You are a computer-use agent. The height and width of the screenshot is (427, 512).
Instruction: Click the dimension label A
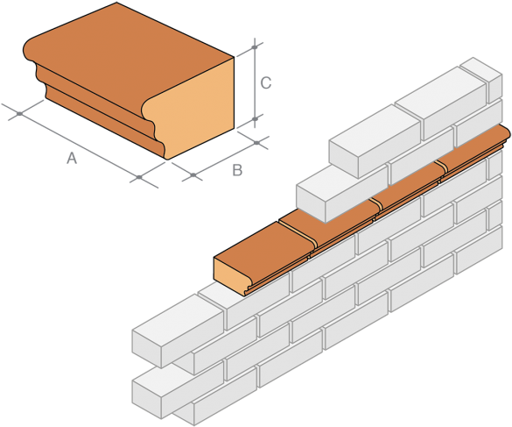pyautogui.click(x=72, y=158)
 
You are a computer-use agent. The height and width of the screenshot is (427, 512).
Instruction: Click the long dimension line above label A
pyautogui.click(x=79, y=143)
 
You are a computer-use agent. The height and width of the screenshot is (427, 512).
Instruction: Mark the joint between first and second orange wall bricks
pyautogui.click(x=297, y=229)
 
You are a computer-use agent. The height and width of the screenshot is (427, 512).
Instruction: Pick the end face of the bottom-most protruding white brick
pyautogui.click(x=148, y=395)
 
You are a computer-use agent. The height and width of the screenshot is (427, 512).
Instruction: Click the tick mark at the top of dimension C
pyautogui.click(x=254, y=44)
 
